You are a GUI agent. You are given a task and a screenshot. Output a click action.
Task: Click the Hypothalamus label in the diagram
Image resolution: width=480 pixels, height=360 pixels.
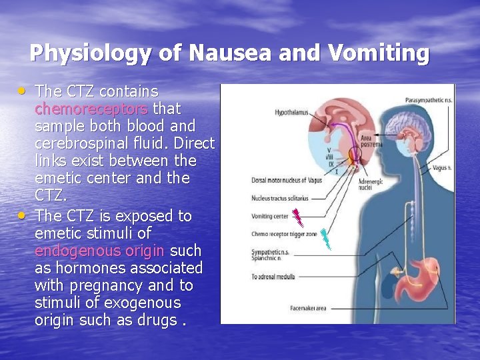click(x=292, y=113)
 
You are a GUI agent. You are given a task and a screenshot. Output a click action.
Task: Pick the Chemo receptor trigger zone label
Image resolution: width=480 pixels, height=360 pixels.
click(x=283, y=234)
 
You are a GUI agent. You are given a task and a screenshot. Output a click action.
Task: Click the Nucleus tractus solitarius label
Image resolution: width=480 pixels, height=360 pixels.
click(x=279, y=198)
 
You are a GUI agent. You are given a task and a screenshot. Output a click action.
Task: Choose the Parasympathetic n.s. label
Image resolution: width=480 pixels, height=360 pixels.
click(x=428, y=100)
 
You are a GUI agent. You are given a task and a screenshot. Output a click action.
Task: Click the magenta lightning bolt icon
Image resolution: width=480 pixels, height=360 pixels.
click(x=300, y=217)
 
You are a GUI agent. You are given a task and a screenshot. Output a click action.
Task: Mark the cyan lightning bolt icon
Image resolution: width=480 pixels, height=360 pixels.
click(x=325, y=238)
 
